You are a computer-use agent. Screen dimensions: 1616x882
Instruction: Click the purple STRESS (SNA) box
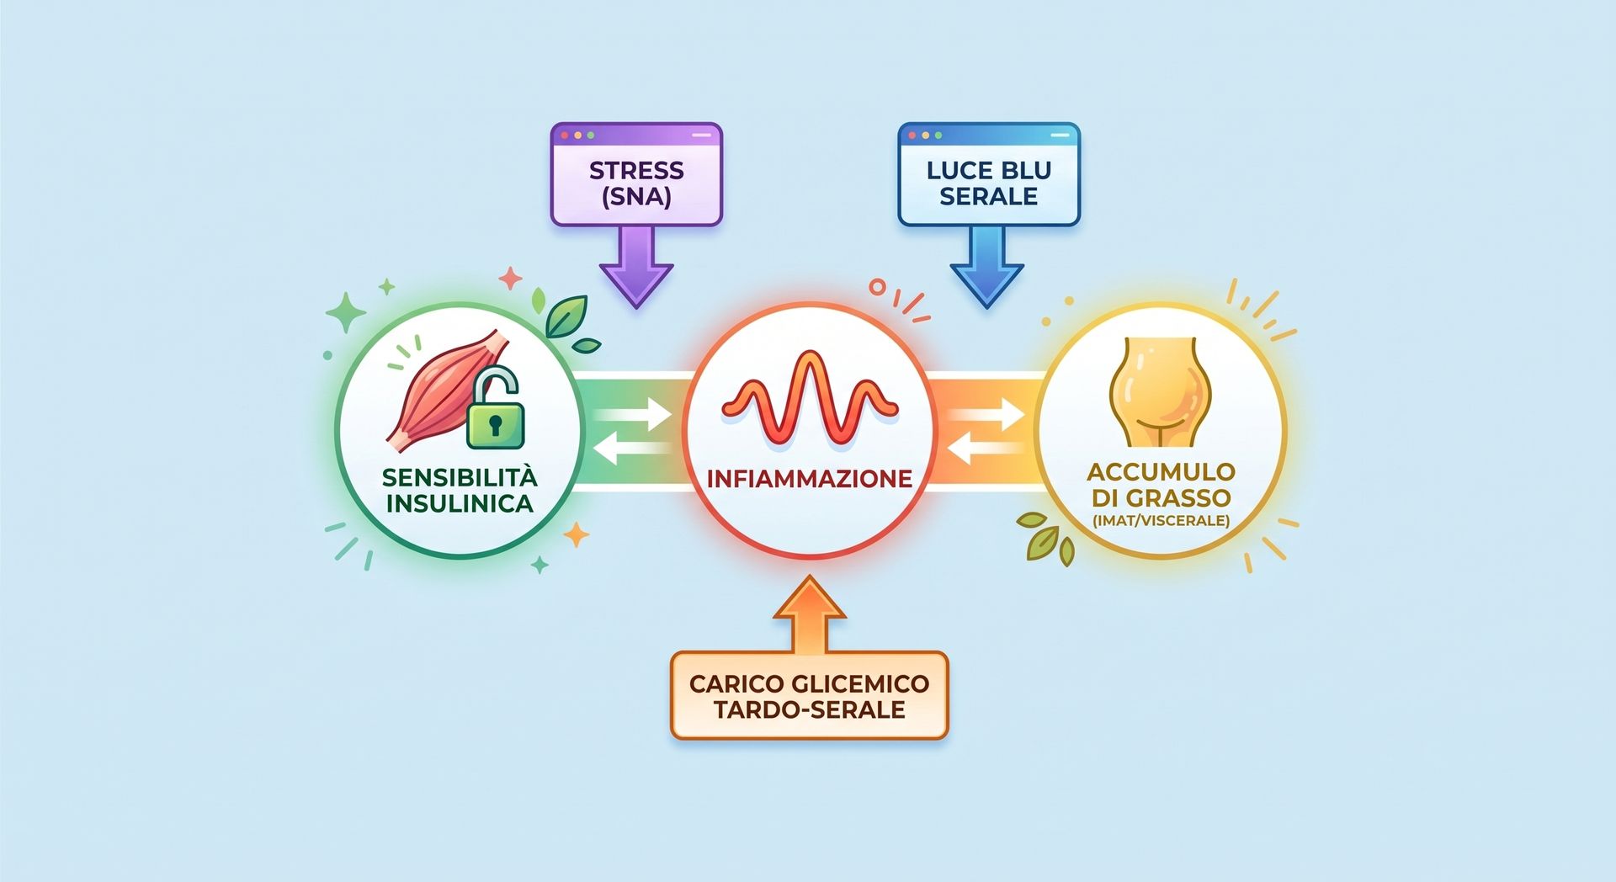coord(636,174)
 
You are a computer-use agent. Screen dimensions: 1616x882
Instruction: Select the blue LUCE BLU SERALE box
coord(989,174)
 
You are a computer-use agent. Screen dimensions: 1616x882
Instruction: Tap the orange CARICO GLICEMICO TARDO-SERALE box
coord(809,695)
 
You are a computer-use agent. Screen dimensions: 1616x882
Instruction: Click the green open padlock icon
coord(495,408)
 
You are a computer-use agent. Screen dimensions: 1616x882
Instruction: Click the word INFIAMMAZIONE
coord(810,479)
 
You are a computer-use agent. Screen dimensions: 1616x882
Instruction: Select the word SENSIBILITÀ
coord(460,476)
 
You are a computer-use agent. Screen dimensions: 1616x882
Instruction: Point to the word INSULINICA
coord(460,503)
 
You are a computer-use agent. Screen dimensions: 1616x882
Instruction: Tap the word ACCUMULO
coord(1161,471)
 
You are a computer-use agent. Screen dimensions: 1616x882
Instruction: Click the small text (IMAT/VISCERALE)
coord(1161,520)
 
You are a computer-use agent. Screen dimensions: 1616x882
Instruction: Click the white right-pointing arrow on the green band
coord(633,415)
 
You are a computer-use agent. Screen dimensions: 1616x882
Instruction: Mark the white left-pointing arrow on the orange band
coord(985,449)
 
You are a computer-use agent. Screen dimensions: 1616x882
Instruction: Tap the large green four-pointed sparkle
coord(346,313)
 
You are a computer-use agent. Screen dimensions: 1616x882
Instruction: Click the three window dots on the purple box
coord(577,135)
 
